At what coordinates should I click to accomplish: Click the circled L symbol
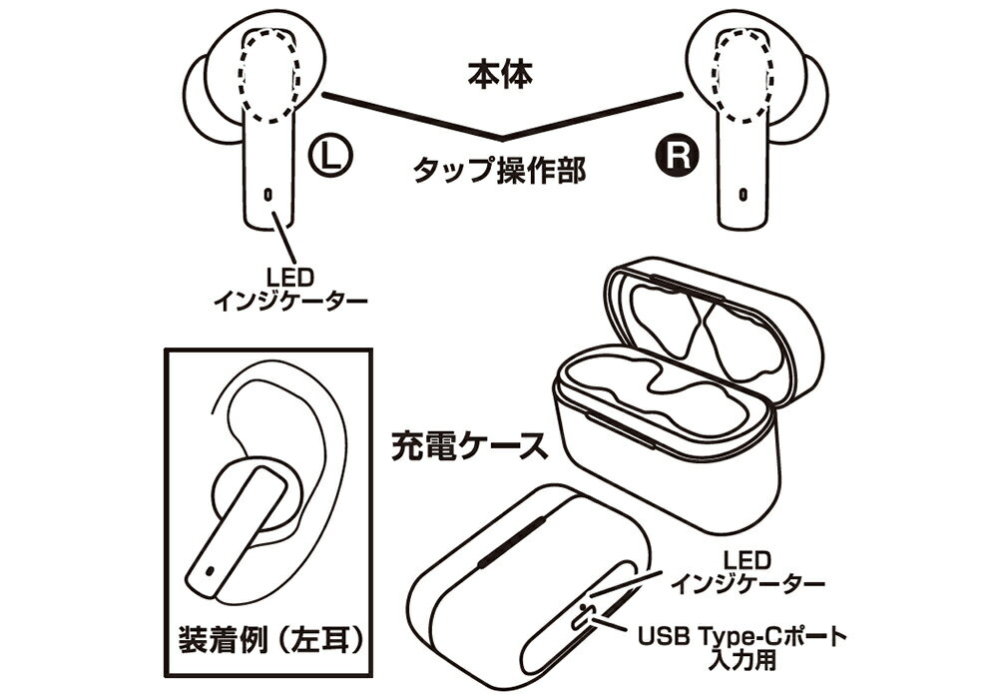pos(330,156)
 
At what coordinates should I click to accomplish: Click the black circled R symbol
pos(678,156)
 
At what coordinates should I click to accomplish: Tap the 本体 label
pos(500,75)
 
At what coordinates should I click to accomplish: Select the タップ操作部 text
pos(500,170)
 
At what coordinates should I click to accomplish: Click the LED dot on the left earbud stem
pos(267,193)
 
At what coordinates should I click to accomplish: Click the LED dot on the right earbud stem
pos(743,193)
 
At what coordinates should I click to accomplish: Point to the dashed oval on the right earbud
pos(742,76)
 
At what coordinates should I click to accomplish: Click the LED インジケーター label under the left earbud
pos(290,289)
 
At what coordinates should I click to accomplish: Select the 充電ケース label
pos(470,445)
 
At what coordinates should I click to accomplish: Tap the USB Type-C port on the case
pos(581,617)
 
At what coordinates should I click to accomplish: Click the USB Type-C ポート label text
pos(743,635)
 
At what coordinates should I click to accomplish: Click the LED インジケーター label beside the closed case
pos(748,572)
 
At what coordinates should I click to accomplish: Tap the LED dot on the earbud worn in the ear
pos(210,571)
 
